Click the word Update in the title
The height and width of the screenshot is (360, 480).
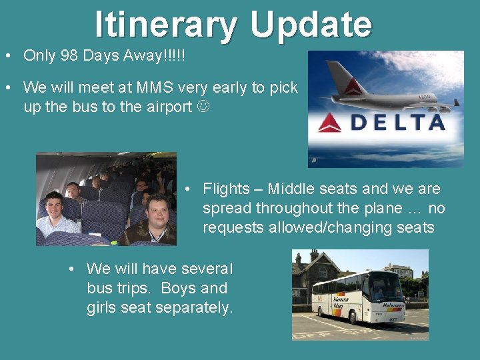pos(311,25)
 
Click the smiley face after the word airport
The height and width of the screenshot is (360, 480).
pos(203,107)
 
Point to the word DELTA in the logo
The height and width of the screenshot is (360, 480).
pos(398,122)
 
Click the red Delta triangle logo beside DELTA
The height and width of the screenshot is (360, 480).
pos(330,122)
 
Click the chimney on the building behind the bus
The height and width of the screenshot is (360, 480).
pos(313,256)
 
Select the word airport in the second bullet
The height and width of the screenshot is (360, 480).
pos(166,107)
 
